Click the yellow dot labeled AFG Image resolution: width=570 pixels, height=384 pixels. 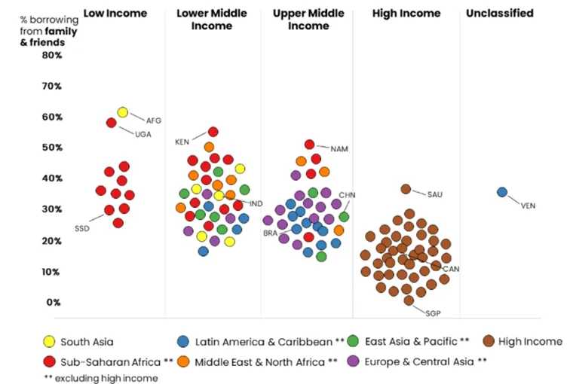click(x=123, y=112)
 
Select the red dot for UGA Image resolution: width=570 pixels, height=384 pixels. click(x=112, y=123)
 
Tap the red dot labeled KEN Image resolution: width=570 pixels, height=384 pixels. click(x=213, y=132)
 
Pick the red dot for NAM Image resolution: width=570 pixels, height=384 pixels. click(x=309, y=145)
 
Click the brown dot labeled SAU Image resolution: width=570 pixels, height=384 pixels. click(x=406, y=189)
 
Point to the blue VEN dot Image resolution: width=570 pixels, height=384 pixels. click(x=502, y=192)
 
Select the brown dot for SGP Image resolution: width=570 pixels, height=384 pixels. click(x=409, y=300)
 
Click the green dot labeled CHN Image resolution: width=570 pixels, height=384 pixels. click(x=344, y=217)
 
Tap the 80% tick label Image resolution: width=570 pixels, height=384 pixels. click(x=52, y=55)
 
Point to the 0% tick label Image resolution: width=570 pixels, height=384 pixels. click(x=53, y=303)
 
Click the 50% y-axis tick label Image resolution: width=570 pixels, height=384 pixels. click(x=52, y=148)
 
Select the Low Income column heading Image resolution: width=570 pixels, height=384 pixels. click(x=115, y=14)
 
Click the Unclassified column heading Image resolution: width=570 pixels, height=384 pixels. click(x=500, y=14)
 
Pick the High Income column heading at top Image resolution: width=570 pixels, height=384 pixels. click(x=406, y=14)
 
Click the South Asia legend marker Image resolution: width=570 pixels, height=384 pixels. click(x=49, y=342)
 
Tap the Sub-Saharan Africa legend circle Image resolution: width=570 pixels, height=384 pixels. click(x=49, y=361)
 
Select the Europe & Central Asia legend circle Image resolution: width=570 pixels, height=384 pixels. click(x=353, y=361)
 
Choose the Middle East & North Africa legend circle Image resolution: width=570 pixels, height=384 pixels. click(x=183, y=361)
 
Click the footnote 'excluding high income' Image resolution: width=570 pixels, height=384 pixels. click(x=106, y=378)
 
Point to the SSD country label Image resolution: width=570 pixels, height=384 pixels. click(x=81, y=229)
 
